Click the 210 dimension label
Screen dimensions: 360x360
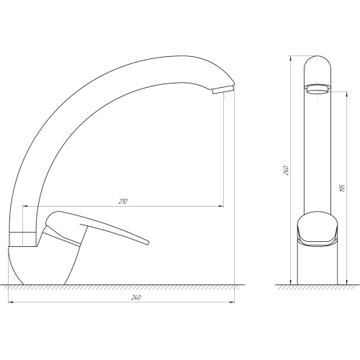tap(122, 201)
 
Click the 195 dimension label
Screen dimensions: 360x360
tap(343, 189)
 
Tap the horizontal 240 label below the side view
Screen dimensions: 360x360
tap(136, 297)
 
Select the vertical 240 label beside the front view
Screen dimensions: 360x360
tap(287, 170)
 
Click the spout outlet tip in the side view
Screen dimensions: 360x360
tap(223, 90)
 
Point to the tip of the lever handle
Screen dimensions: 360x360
tap(147, 242)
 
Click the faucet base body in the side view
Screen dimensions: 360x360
tap(38, 265)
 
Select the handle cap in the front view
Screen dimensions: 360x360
tap(318, 228)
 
